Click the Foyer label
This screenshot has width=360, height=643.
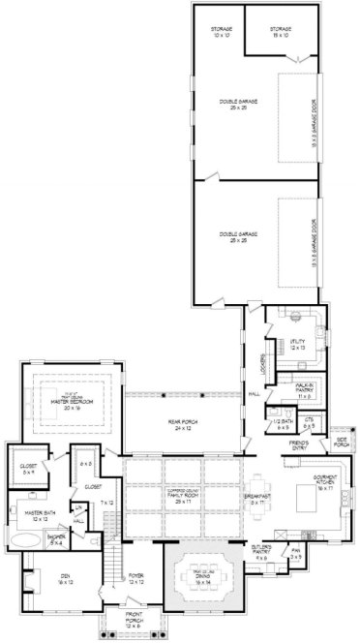pos(139,578)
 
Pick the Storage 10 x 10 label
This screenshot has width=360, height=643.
pos(221,33)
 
